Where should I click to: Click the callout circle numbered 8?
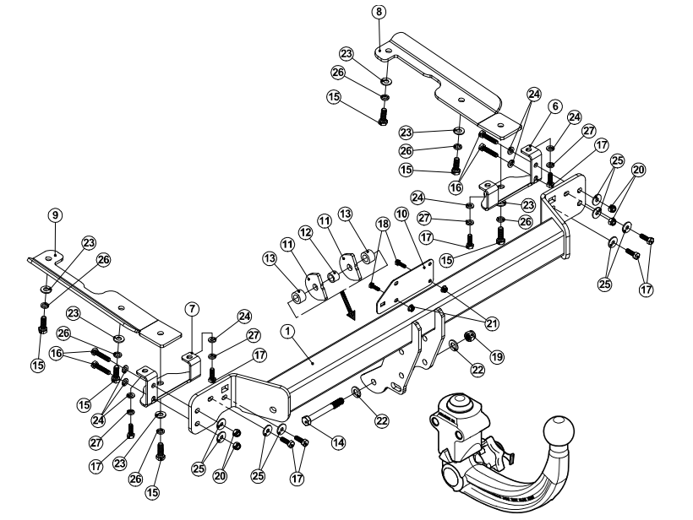coord(378,12)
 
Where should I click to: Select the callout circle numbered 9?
coord(55,216)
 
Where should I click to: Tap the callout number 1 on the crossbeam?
coord(289,333)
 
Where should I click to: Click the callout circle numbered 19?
coord(494,357)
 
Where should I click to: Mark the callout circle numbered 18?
coord(384,224)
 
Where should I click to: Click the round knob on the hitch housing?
coord(460,401)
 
